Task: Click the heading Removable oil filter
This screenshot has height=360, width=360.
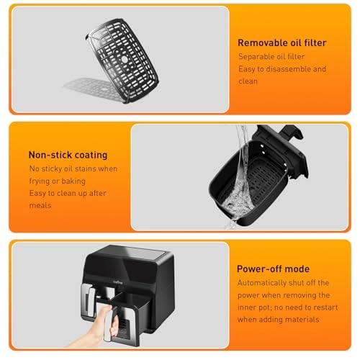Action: [282, 42]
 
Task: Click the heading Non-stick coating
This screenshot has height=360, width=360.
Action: [68, 154]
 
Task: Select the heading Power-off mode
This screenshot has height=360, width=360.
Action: [273, 269]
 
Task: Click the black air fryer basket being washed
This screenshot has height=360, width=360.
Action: [245, 187]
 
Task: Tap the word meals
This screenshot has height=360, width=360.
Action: [40, 206]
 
